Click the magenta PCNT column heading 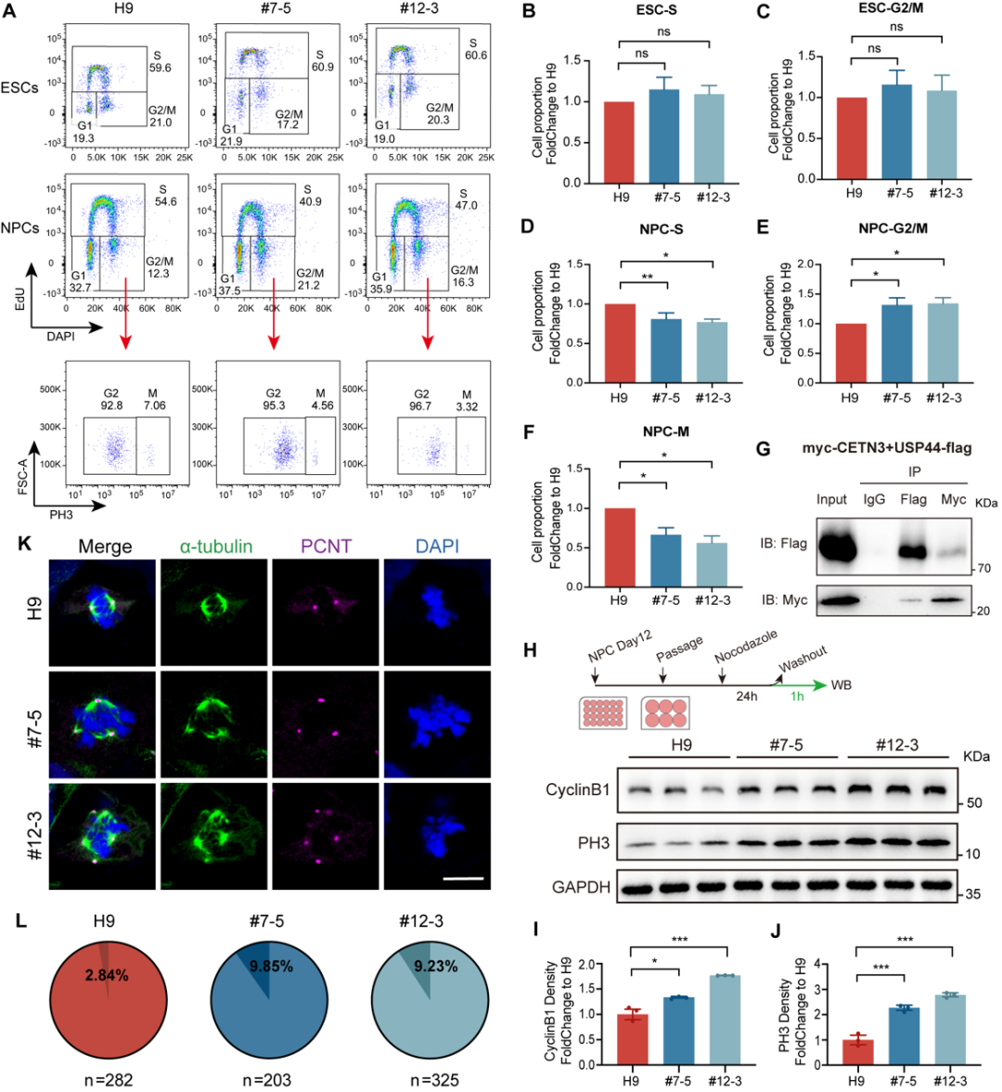(x=326, y=546)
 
